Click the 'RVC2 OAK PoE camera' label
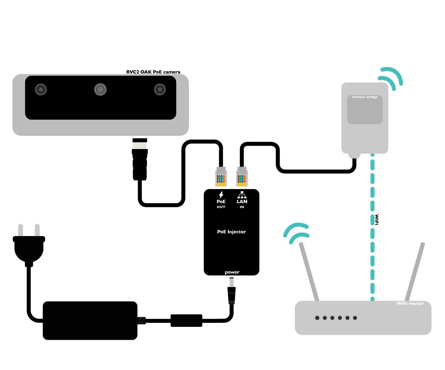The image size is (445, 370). [153, 72]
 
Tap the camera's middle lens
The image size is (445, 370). [100, 89]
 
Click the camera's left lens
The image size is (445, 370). [41, 89]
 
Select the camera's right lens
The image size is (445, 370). [160, 89]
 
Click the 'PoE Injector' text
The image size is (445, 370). [231, 232]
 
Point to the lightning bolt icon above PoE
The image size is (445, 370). [221, 195]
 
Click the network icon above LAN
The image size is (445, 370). [242, 195]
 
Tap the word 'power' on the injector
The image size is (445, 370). [232, 272]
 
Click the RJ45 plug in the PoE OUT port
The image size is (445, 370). [221, 177]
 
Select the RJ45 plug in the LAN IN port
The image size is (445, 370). [242, 177]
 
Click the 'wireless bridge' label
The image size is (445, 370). [365, 97]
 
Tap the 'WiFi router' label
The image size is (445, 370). [410, 303]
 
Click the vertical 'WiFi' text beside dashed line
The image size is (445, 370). [377, 220]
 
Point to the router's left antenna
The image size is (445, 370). [309, 272]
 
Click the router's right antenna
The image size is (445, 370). [415, 272]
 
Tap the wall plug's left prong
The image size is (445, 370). [21, 230]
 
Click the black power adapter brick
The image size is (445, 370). [90, 321]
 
